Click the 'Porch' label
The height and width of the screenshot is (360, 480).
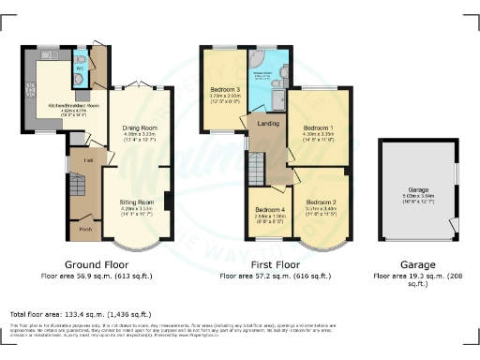(x=85, y=229)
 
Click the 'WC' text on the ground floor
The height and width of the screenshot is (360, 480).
(x=82, y=68)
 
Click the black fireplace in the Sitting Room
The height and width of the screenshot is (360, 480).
(x=166, y=201)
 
